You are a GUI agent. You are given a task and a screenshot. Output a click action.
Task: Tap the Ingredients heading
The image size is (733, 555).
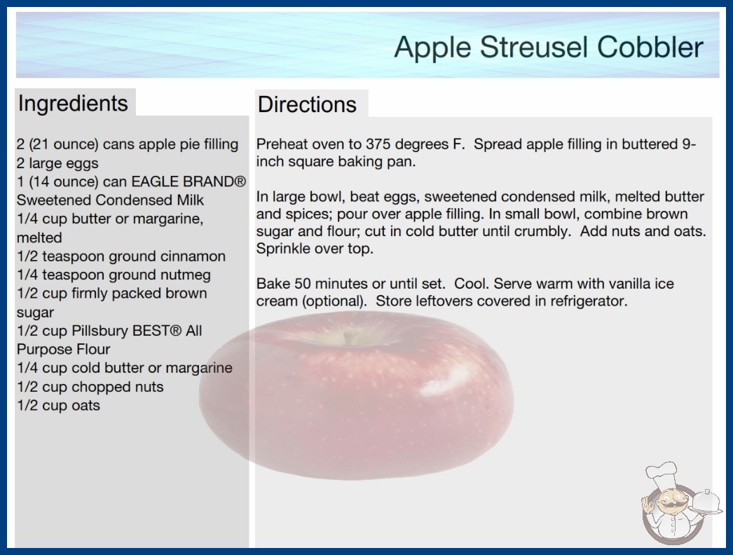click(73, 103)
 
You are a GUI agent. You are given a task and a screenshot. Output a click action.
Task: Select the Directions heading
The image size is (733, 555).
click(307, 104)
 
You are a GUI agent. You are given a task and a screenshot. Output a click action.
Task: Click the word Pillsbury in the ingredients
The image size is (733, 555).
click(100, 331)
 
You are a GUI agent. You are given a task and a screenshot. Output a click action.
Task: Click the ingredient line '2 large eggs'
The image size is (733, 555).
click(57, 163)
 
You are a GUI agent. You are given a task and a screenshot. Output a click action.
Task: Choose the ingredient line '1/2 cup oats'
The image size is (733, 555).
click(58, 405)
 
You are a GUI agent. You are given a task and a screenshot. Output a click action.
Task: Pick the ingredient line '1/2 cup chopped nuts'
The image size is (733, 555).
click(90, 387)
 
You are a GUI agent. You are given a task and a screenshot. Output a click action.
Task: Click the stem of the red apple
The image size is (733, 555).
click(347, 336)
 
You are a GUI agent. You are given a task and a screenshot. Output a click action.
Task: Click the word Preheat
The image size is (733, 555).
click(280, 144)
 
